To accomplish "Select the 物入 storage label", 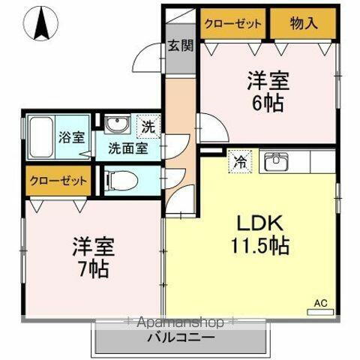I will click(x=304, y=23).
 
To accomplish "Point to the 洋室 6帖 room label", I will click(x=268, y=91).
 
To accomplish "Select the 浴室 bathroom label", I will click(x=71, y=137).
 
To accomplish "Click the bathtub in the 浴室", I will click(x=42, y=137).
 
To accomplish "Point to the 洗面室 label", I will click(x=126, y=148).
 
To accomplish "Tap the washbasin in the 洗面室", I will click(x=116, y=125).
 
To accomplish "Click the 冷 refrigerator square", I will click(x=241, y=161).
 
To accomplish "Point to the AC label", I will click(x=320, y=302).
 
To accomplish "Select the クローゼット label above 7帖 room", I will click(x=58, y=180).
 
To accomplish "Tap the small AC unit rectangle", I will click(x=320, y=311).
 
